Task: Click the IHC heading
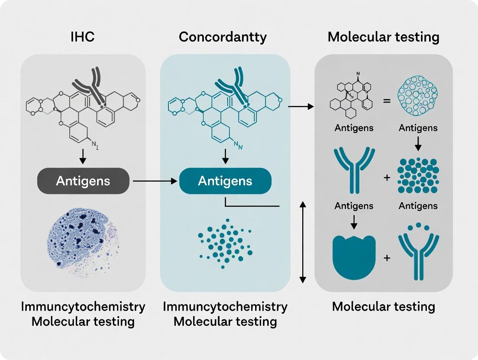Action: tap(82, 37)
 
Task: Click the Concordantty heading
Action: tap(223, 37)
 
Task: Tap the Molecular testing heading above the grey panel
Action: tap(383, 37)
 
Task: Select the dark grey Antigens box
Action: tap(83, 180)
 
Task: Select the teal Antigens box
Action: tap(225, 180)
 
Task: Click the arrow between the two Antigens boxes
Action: tap(154, 180)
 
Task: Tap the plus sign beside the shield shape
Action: tap(387, 258)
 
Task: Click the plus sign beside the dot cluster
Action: tap(387, 177)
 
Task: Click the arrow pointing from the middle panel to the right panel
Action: tap(300, 106)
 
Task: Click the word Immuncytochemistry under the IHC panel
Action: tap(83, 307)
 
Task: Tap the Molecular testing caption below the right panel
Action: tap(383, 307)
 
